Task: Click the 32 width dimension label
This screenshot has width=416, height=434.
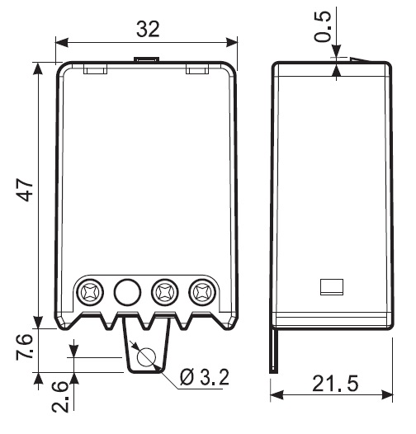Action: (x=149, y=30)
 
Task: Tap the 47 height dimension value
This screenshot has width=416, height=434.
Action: (x=25, y=190)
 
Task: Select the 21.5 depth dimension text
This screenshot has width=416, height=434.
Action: (x=335, y=384)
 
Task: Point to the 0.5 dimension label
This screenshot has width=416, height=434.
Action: (x=323, y=26)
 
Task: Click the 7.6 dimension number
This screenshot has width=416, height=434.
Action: (x=25, y=347)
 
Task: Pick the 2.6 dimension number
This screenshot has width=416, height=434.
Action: (x=60, y=397)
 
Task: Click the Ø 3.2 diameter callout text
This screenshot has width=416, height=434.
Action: (x=205, y=377)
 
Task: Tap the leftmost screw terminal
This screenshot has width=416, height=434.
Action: (x=90, y=292)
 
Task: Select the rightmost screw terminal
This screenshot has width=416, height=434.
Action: (x=202, y=292)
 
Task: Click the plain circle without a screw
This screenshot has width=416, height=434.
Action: (x=127, y=292)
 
